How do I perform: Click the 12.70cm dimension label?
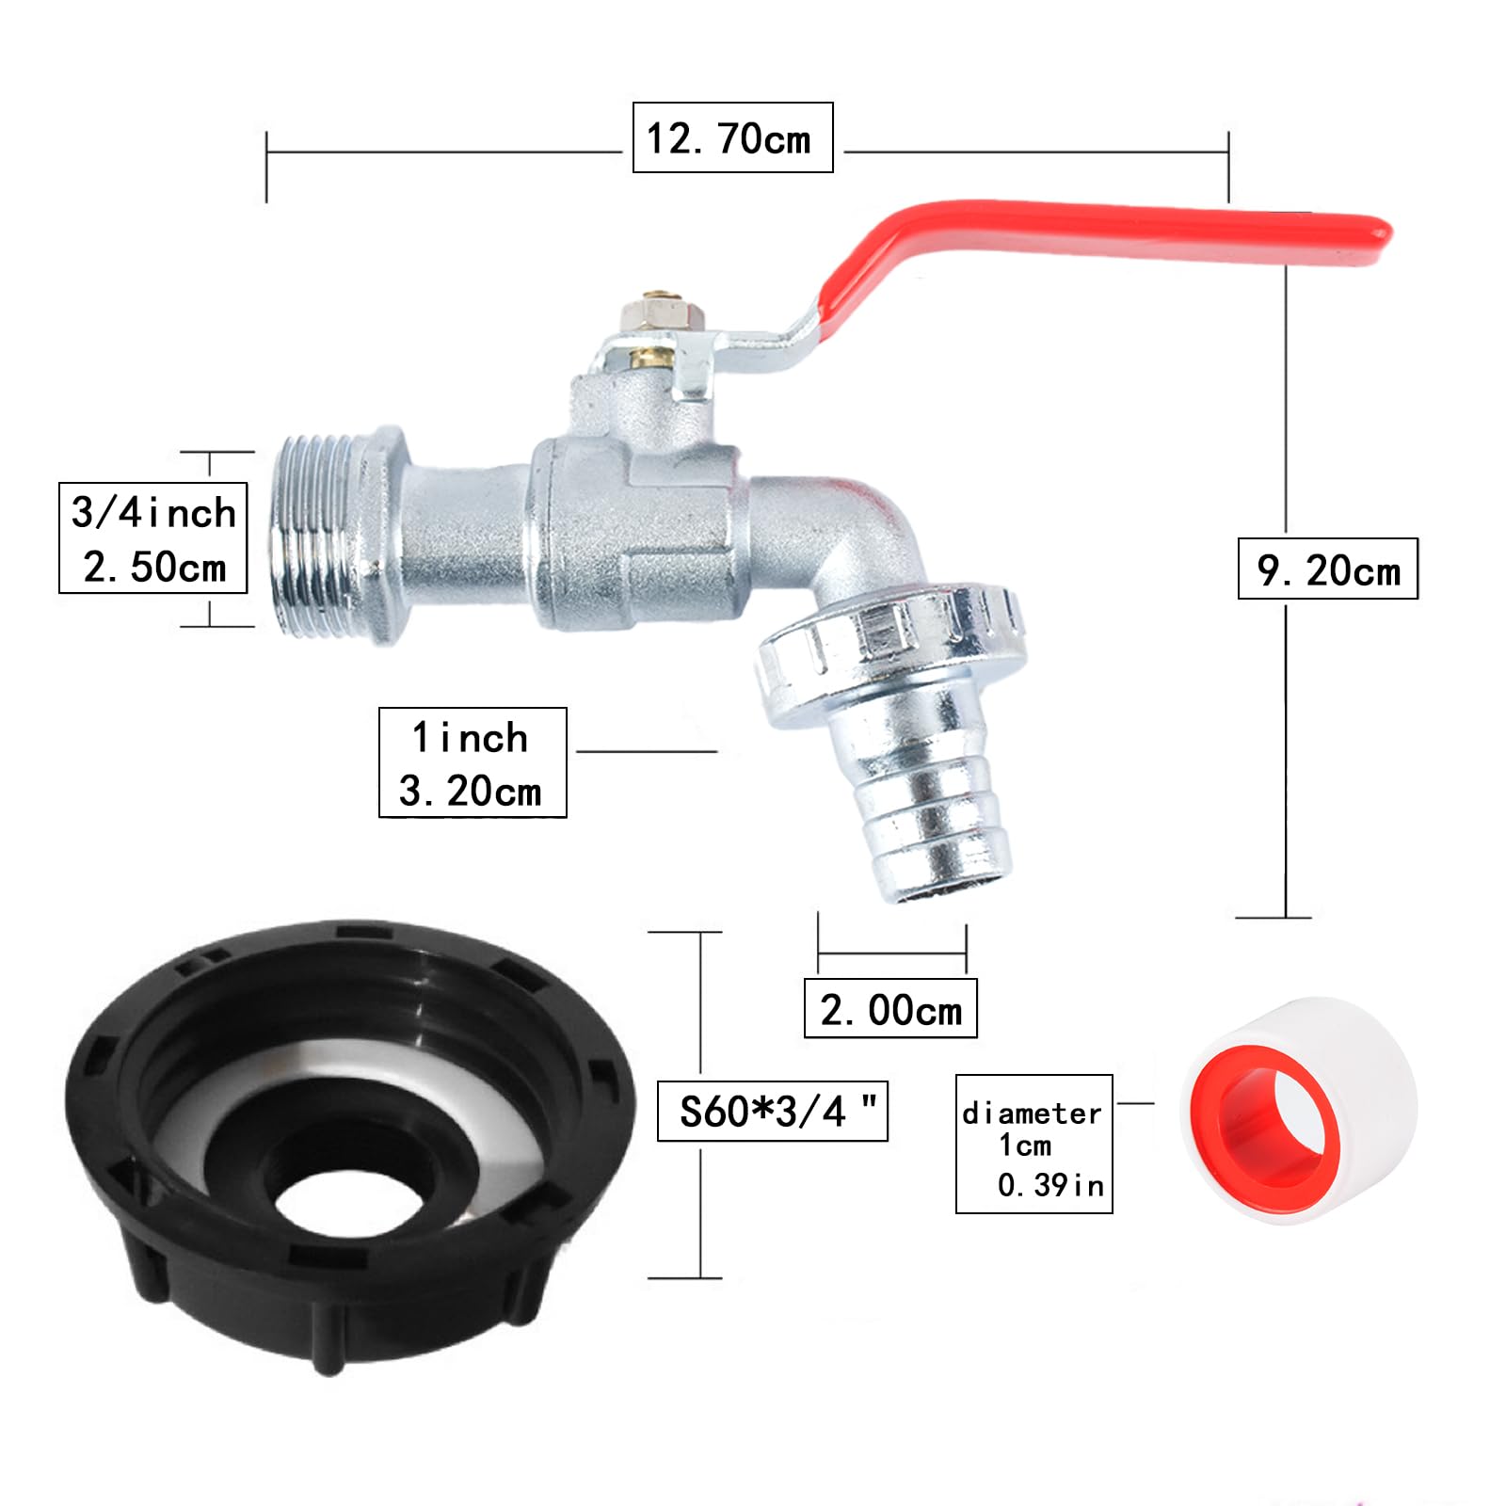pyautogui.click(x=732, y=137)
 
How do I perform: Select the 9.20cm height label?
pyautogui.click(x=1327, y=569)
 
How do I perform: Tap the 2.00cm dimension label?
pyautogui.click(x=890, y=1009)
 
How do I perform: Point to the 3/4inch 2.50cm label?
pyautogui.click(x=152, y=538)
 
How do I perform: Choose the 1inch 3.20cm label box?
pyautogui.click(x=473, y=762)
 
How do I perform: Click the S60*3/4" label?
pyautogui.click(x=772, y=1111)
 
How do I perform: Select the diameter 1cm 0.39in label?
pyautogui.click(x=1033, y=1144)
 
